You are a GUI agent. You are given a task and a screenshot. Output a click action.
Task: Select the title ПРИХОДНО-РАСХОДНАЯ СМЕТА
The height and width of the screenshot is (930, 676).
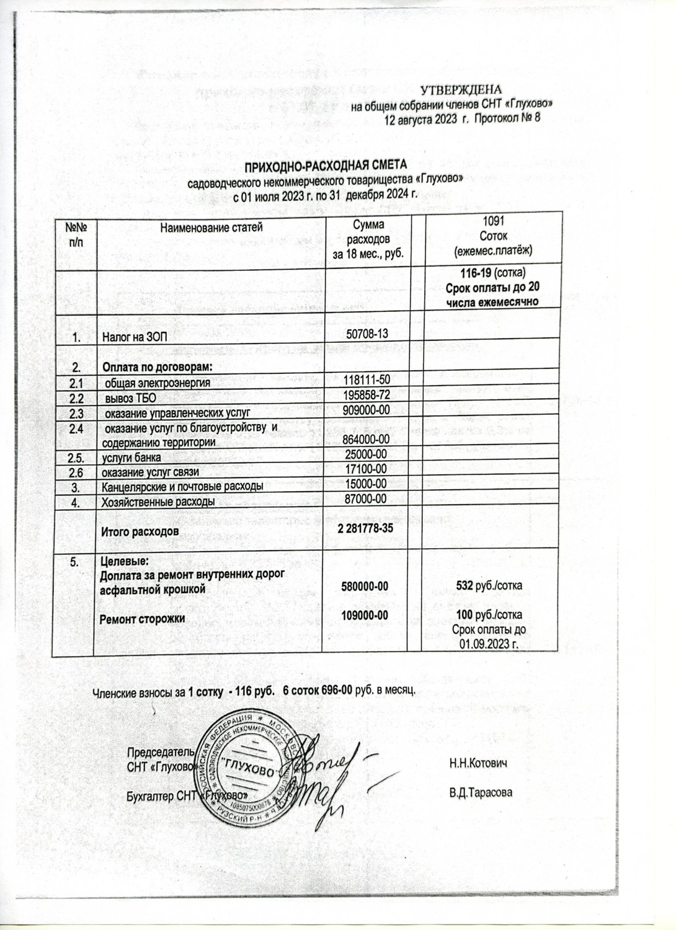pos(326,166)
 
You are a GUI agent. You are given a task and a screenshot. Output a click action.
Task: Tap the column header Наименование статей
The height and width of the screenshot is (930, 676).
pos(211,227)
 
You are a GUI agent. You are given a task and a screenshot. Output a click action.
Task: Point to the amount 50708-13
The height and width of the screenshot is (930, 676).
pos(367,334)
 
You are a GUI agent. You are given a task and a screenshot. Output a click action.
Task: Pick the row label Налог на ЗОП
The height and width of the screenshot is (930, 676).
pos(135,338)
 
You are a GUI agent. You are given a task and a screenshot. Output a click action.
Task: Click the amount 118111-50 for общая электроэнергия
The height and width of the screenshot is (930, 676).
pos(367,379)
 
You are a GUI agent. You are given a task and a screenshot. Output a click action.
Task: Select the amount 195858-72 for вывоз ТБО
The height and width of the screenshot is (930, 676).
pos(367,395)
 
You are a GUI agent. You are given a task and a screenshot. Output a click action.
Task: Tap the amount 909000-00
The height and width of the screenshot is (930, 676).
pos(367,410)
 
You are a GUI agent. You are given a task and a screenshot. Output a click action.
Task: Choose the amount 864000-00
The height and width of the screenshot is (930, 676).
pos(366,439)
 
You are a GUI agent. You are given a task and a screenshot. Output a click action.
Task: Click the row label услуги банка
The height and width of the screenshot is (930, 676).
pos(131,458)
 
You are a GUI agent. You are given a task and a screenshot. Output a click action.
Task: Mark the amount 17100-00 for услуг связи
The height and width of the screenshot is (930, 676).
pos(366,469)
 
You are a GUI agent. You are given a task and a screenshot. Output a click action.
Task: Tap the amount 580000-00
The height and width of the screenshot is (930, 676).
pos(366,585)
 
